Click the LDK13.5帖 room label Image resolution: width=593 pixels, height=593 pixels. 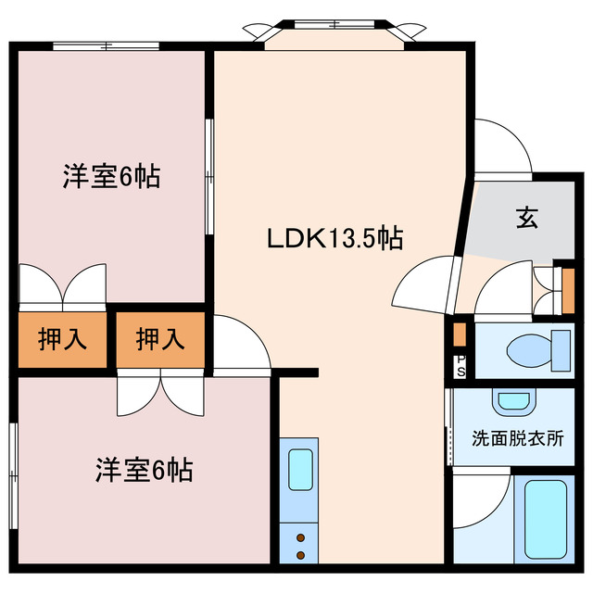[x=334, y=239]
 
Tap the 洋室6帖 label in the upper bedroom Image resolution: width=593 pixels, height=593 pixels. [x=111, y=175]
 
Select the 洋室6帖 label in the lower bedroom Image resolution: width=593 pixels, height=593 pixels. [x=143, y=470]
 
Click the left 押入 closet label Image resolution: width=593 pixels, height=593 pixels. [x=62, y=340]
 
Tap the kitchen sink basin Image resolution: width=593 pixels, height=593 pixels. [x=300, y=469]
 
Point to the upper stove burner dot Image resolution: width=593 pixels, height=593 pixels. [x=300, y=536]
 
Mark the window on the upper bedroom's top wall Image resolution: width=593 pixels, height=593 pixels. [x=107, y=45]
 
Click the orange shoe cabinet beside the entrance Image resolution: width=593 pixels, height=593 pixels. [x=568, y=290]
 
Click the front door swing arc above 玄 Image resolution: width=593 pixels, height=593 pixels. [x=502, y=148]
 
